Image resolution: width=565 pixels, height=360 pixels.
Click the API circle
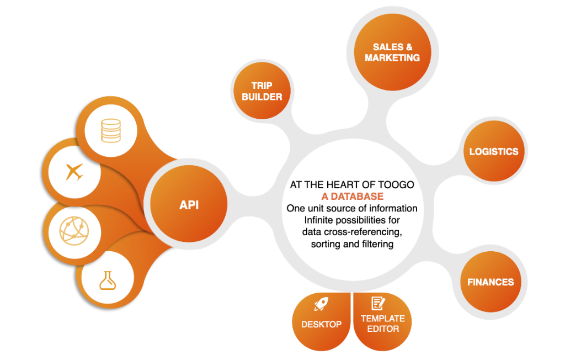click(x=189, y=205)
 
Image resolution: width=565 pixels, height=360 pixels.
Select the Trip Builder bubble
click(x=262, y=91)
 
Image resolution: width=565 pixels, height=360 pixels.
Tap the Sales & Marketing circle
click(x=392, y=52)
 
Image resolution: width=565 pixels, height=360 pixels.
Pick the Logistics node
click(x=493, y=151)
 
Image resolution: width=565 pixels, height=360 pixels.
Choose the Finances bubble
click(x=490, y=282)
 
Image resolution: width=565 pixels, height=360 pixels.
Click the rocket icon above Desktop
click(x=321, y=304)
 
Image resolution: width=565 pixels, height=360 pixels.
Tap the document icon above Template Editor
click(x=378, y=303)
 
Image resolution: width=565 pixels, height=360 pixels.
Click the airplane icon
click(x=74, y=172)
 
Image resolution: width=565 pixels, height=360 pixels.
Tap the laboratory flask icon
click(x=108, y=280)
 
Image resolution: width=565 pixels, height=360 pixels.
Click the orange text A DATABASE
click(x=352, y=197)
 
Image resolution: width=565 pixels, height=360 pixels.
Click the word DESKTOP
click(x=321, y=324)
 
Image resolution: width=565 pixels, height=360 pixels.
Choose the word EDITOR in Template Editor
click(x=383, y=329)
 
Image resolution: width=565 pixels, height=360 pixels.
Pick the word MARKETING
click(x=392, y=57)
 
